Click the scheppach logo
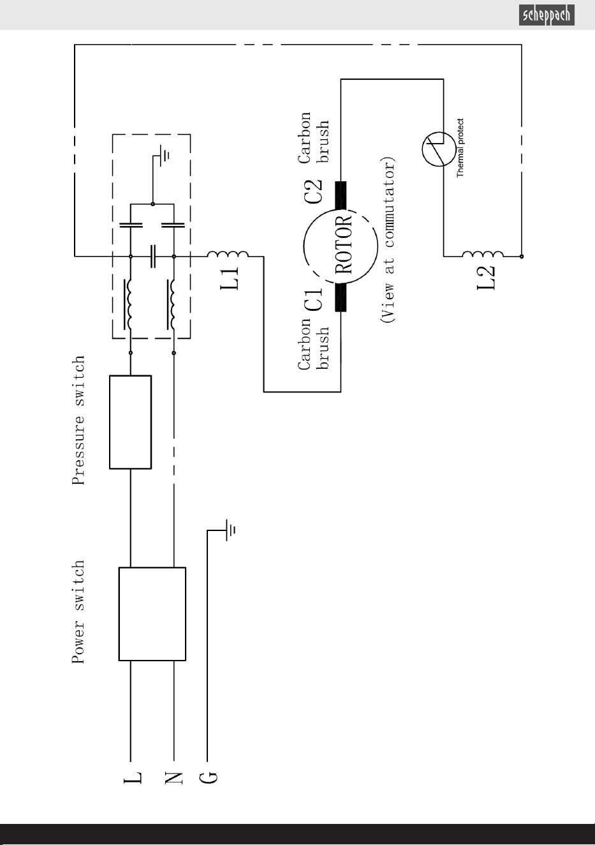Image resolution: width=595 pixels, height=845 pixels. [x=547, y=15]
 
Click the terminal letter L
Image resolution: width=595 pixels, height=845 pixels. [x=133, y=777]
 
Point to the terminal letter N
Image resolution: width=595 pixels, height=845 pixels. [x=174, y=778]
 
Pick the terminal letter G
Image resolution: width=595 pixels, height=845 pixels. [x=209, y=778]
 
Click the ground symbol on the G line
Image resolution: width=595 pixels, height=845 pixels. [x=230, y=530]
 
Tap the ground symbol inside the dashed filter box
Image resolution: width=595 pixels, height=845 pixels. [x=164, y=155]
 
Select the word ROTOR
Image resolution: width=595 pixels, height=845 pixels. [x=343, y=245]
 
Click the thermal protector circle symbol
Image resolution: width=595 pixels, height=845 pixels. [x=439, y=149]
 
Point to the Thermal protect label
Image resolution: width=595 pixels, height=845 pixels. [x=460, y=148]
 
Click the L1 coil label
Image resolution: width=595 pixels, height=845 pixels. [x=229, y=278]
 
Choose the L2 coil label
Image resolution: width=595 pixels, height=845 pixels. [x=486, y=278]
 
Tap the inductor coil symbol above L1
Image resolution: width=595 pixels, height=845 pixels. [x=228, y=254]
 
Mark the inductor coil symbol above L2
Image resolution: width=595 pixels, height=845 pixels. [x=483, y=253]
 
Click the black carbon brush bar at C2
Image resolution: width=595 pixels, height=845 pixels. [x=341, y=195]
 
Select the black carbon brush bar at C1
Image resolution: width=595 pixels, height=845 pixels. [x=341, y=297]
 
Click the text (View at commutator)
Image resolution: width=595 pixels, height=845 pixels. [x=387, y=239]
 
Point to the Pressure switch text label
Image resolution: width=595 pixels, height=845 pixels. [x=78, y=420]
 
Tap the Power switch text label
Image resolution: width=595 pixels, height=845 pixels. [x=78, y=611]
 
